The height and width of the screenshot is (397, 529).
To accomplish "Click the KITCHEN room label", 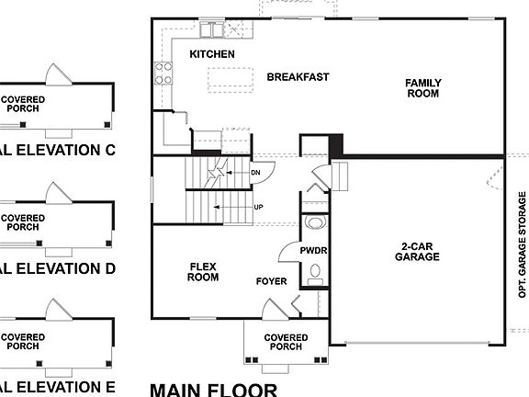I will click(x=212, y=55).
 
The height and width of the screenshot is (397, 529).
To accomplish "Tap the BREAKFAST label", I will click(x=298, y=77).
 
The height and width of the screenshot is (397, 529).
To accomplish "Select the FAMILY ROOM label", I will click(x=423, y=88).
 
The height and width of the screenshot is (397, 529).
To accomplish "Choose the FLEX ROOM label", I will click(x=203, y=271).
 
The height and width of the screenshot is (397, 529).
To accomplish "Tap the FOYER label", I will click(x=272, y=281).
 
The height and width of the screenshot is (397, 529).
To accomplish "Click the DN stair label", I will click(x=257, y=172).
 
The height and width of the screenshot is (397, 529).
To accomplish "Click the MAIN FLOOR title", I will click(x=213, y=389).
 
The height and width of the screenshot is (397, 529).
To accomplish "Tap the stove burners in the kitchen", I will click(x=164, y=73).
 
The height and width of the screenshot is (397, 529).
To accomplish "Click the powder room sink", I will click(x=315, y=221).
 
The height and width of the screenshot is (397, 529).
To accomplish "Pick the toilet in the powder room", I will click(x=315, y=271).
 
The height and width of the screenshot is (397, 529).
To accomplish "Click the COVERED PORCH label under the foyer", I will click(x=286, y=343).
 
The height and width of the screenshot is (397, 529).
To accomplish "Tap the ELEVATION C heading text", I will click(x=55, y=150).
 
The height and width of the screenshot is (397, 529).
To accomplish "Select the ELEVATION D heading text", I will click(x=55, y=268).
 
